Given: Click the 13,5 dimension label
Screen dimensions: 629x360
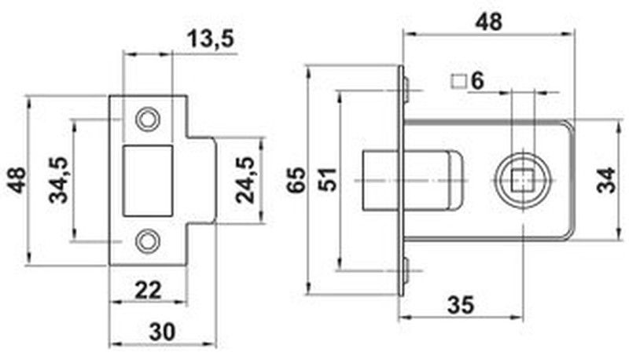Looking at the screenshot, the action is (210, 39).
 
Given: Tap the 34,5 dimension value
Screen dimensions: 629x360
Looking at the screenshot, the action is (58, 180).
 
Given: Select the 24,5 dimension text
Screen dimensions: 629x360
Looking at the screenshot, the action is (245, 180).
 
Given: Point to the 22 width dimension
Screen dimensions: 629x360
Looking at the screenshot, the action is (148, 290).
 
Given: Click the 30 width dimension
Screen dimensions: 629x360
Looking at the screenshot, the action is (163, 332).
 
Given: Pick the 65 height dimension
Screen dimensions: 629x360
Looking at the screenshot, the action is (298, 180).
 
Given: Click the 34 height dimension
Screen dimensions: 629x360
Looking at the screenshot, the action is (605, 181).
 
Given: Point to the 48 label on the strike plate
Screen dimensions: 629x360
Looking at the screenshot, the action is (17, 180).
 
